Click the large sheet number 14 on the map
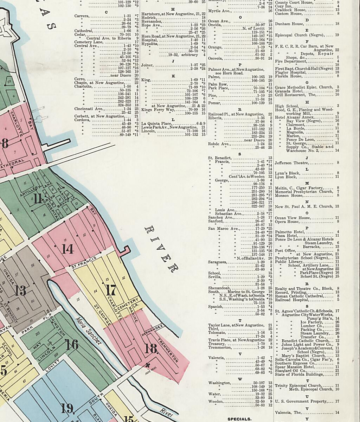pyautogui.click(x=67, y=249)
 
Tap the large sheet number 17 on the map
pyautogui.click(x=111, y=290)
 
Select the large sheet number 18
pyautogui.click(x=151, y=349)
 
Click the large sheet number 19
pyautogui.click(x=67, y=408)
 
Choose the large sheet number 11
pyautogui.click(x=38, y=199)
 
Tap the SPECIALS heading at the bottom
pyautogui.click(x=239, y=419)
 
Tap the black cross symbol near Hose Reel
pyautogui.click(x=147, y=364)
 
